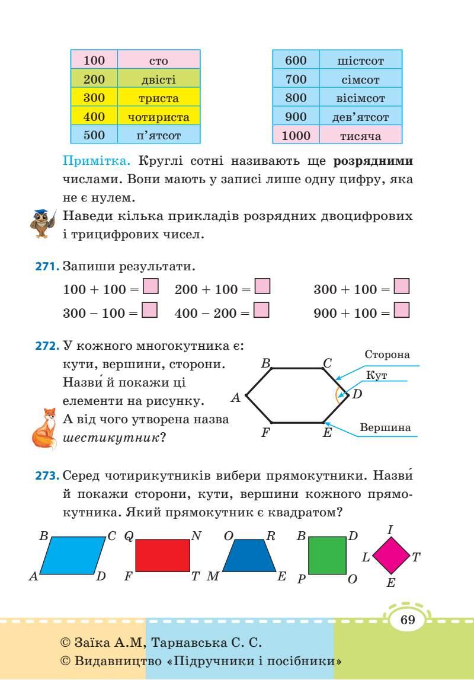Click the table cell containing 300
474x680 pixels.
point(94,98)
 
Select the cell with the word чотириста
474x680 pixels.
point(159,117)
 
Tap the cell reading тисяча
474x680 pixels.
point(360,136)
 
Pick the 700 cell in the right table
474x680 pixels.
point(296,79)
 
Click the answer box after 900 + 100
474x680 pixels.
point(402,311)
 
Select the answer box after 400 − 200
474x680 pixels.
point(261,311)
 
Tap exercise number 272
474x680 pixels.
point(47,345)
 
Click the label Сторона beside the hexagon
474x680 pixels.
point(387,355)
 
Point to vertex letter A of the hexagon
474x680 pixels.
point(235,398)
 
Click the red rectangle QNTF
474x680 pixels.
point(163,555)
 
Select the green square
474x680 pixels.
point(327,556)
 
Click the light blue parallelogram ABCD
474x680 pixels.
point(75,556)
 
